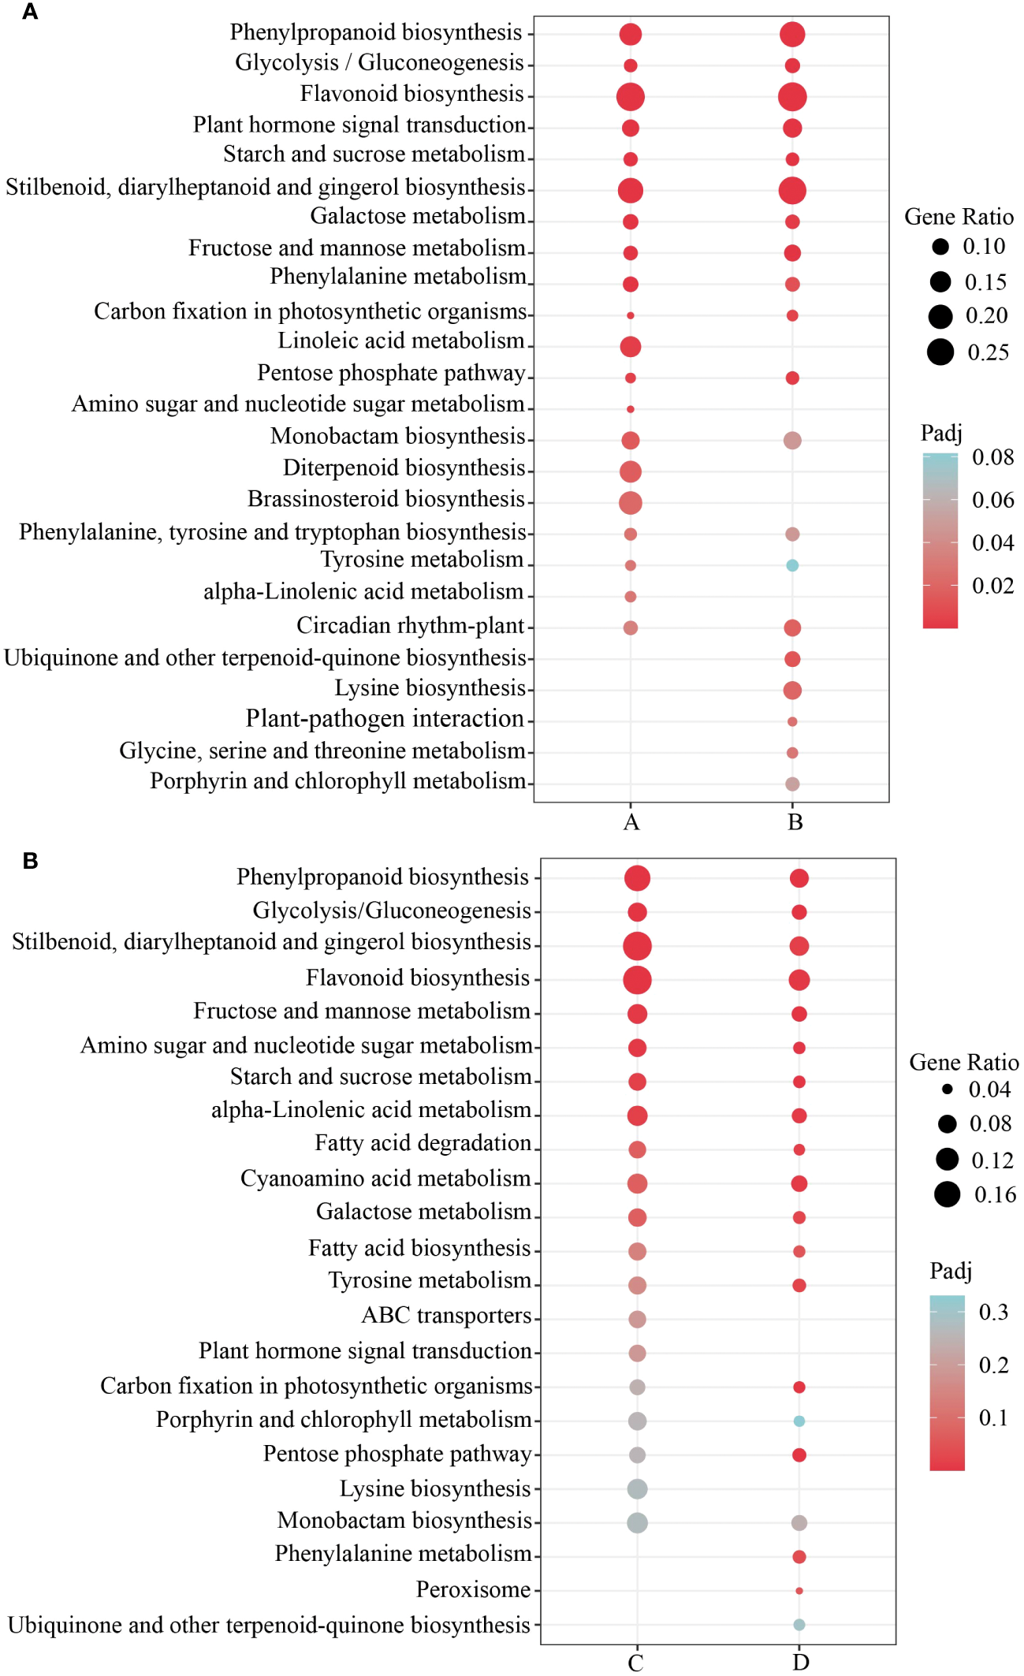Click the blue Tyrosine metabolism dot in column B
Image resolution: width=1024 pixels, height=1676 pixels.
(x=792, y=565)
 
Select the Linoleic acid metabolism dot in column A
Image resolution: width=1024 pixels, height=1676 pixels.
(x=630, y=346)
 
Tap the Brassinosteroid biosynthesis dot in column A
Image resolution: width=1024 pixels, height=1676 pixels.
(x=630, y=502)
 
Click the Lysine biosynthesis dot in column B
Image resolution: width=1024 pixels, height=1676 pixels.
(x=792, y=690)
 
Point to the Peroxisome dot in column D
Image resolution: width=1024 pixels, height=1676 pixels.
(x=799, y=1591)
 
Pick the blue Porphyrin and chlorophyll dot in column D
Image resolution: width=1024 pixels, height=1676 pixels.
(x=799, y=1421)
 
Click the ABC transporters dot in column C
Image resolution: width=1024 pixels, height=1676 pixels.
(x=637, y=1319)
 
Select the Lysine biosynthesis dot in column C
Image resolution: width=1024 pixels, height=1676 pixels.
(x=637, y=1489)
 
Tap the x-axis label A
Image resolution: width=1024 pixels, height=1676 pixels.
(x=631, y=822)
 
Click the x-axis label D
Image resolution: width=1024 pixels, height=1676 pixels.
(x=800, y=1663)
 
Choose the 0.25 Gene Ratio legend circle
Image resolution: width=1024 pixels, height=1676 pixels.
(x=940, y=352)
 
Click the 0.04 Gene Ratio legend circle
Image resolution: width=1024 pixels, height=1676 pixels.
(x=948, y=1089)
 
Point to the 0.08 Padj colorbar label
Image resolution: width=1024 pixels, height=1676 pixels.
(x=992, y=457)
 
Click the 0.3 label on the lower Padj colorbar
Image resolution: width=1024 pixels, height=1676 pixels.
(x=993, y=1312)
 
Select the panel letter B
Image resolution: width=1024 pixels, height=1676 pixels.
(x=30, y=861)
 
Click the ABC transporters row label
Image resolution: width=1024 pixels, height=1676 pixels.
(x=446, y=1316)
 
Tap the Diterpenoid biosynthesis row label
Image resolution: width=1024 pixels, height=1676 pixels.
(x=404, y=468)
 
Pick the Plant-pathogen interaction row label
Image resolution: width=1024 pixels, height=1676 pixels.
(x=385, y=719)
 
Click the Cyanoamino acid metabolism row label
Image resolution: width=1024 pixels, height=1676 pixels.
(x=385, y=1179)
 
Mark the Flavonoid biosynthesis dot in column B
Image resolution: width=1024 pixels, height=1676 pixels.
(x=792, y=97)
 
